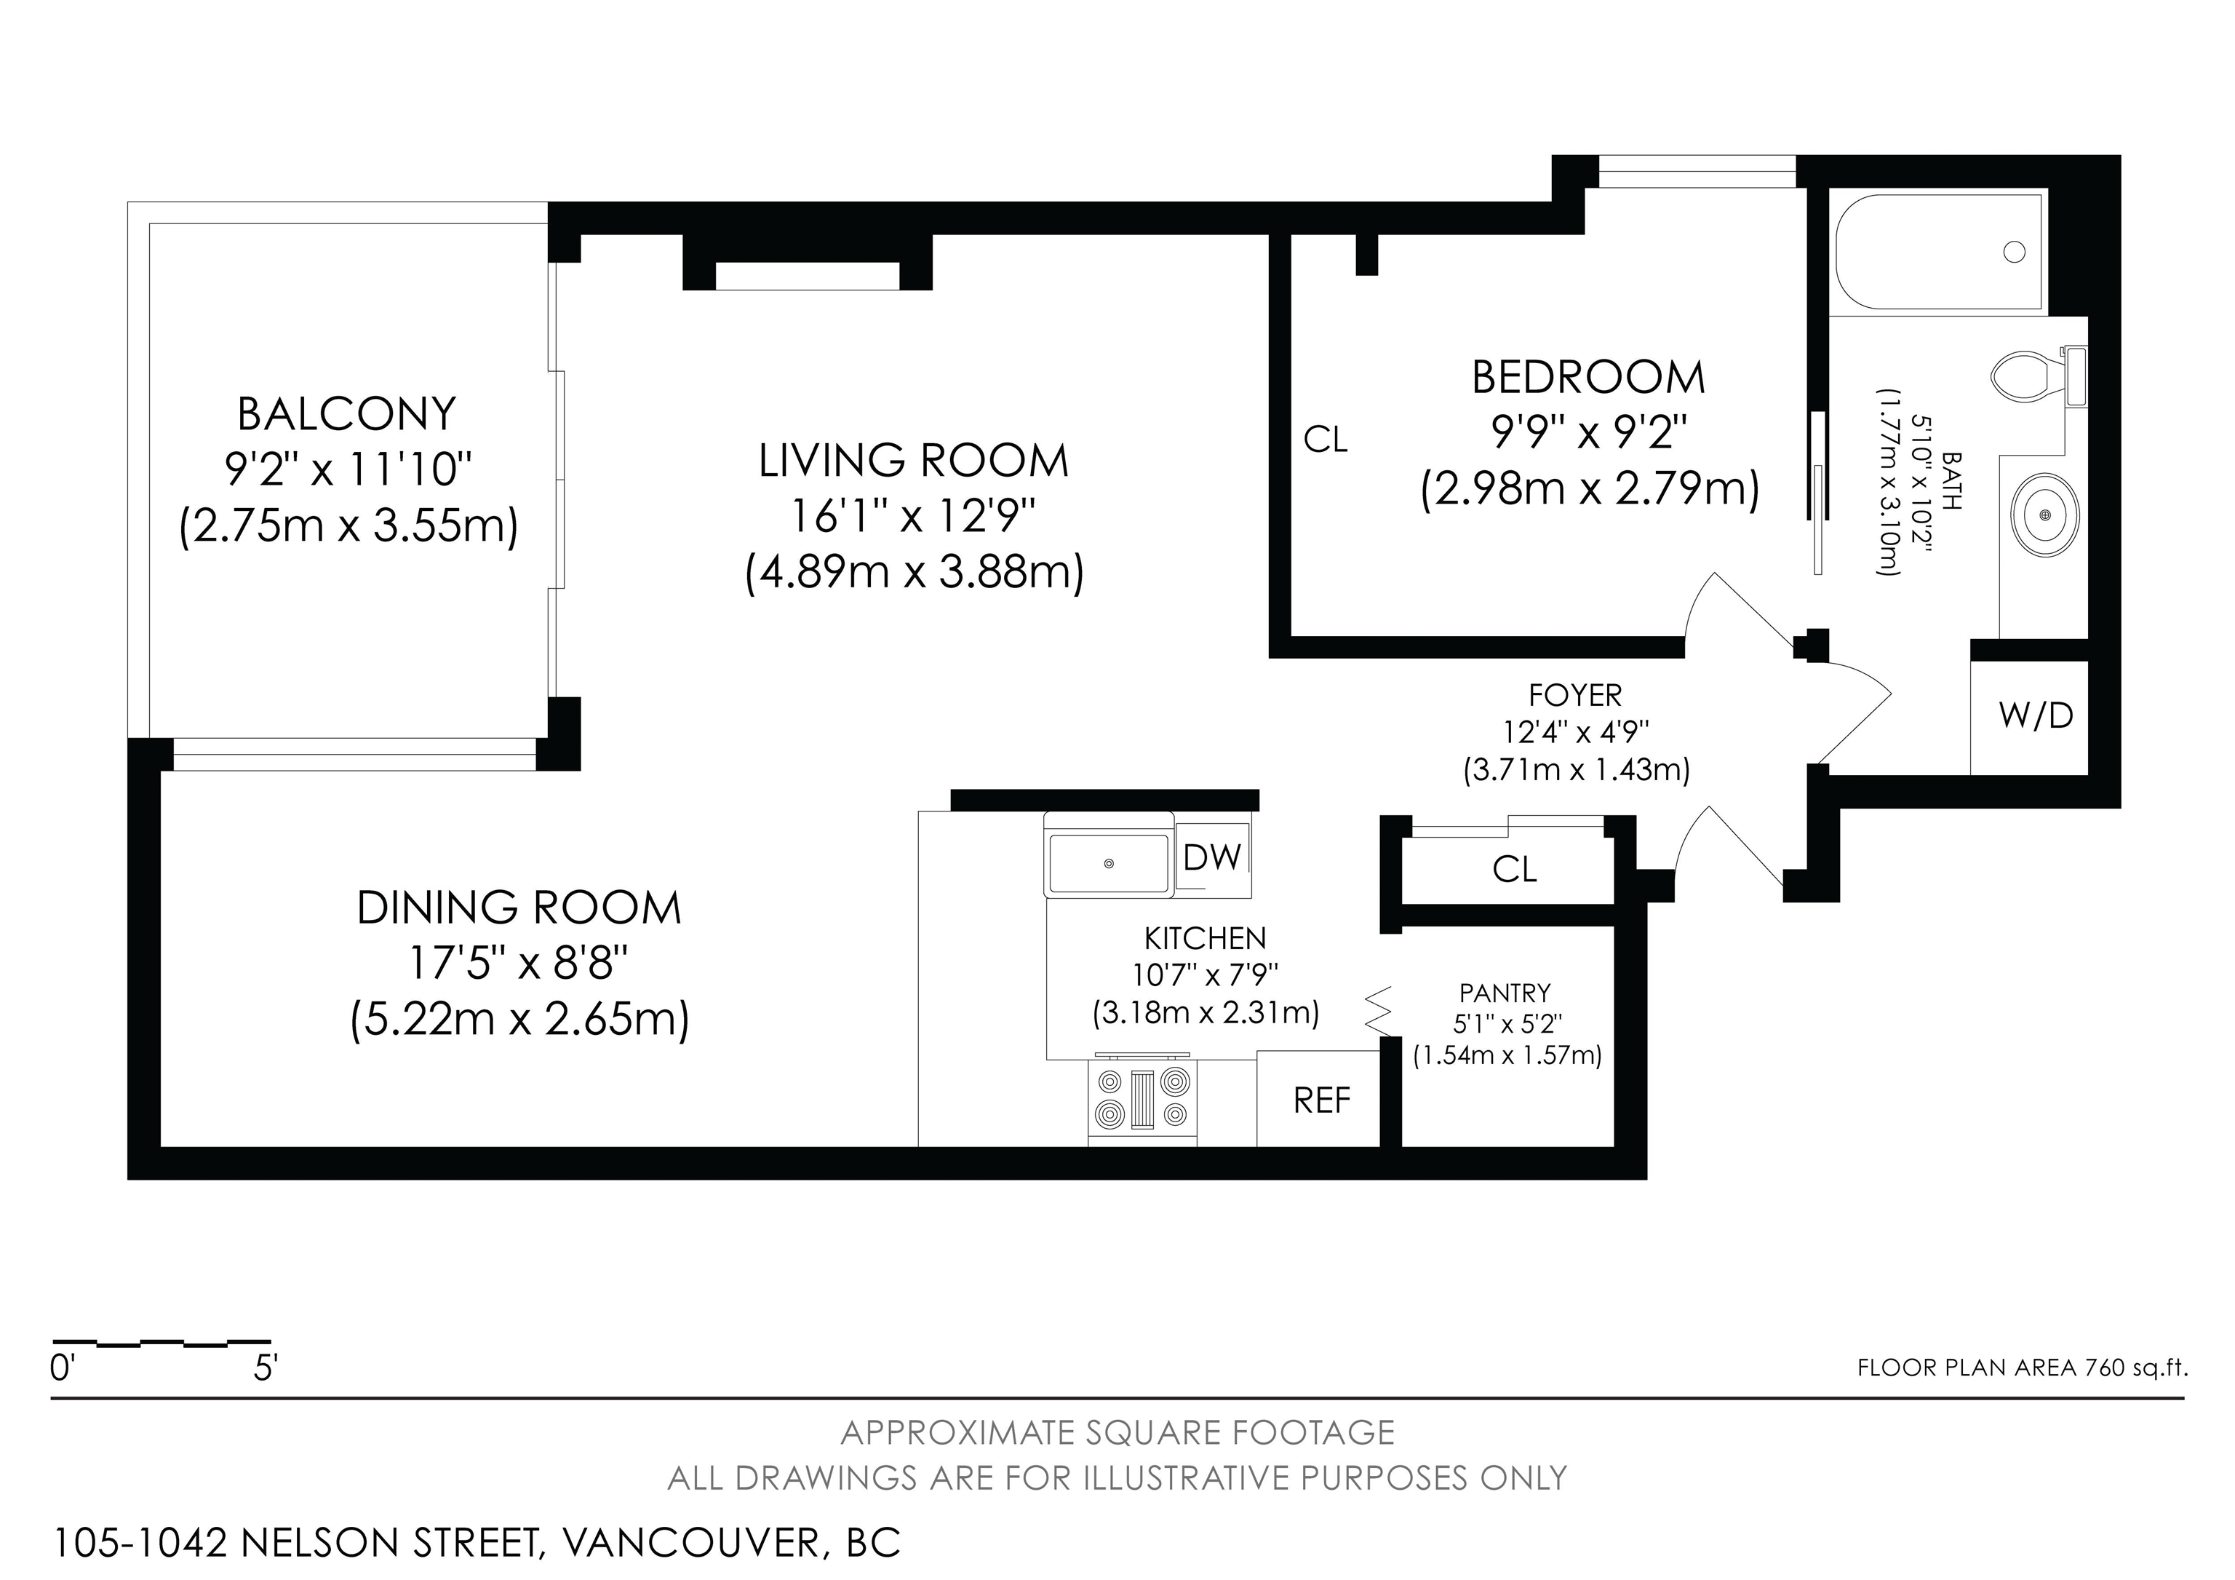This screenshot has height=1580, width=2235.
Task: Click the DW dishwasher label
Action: (x=1212, y=857)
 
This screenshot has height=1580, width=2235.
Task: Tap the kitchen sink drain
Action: (x=1108, y=863)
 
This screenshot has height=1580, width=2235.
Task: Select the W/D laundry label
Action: (x=2036, y=715)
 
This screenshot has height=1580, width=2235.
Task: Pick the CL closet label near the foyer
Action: (x=1515, y=868)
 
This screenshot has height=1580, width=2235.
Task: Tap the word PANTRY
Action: (x=1505, y=993)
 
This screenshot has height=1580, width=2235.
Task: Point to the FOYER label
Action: (x=1575, y=695)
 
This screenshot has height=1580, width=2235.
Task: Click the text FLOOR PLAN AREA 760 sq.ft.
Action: (x=2023, y=1367)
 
